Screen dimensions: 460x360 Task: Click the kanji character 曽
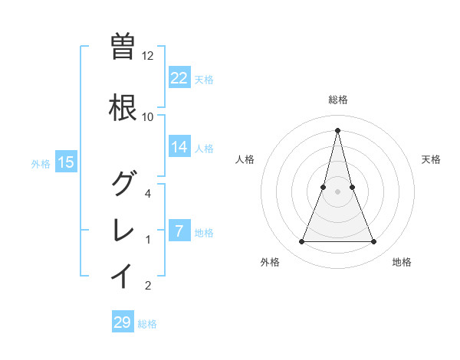pos(122,46)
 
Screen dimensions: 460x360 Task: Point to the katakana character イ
pos(122,274)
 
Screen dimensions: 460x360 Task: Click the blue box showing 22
pos(179,77)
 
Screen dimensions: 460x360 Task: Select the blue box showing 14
pos(179,147)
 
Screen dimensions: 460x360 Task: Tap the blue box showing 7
pos(179,231)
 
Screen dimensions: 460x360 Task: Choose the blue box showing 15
pos(66,162)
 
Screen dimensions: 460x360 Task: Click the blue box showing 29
pos(122,322)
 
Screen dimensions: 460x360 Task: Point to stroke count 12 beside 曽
pos(148,56)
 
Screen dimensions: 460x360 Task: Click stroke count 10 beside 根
pos(148,117)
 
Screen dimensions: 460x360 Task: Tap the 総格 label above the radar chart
pos(337,100)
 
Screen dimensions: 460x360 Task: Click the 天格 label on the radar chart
pos(432,159)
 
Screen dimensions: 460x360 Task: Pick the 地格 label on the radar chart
pos(402,262)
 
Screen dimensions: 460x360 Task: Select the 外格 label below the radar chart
pos(270,262)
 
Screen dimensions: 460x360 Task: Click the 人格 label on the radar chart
pos(245,159)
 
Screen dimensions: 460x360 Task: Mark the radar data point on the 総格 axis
pos(337,129)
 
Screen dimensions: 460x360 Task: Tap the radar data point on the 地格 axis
pos(373,242)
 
